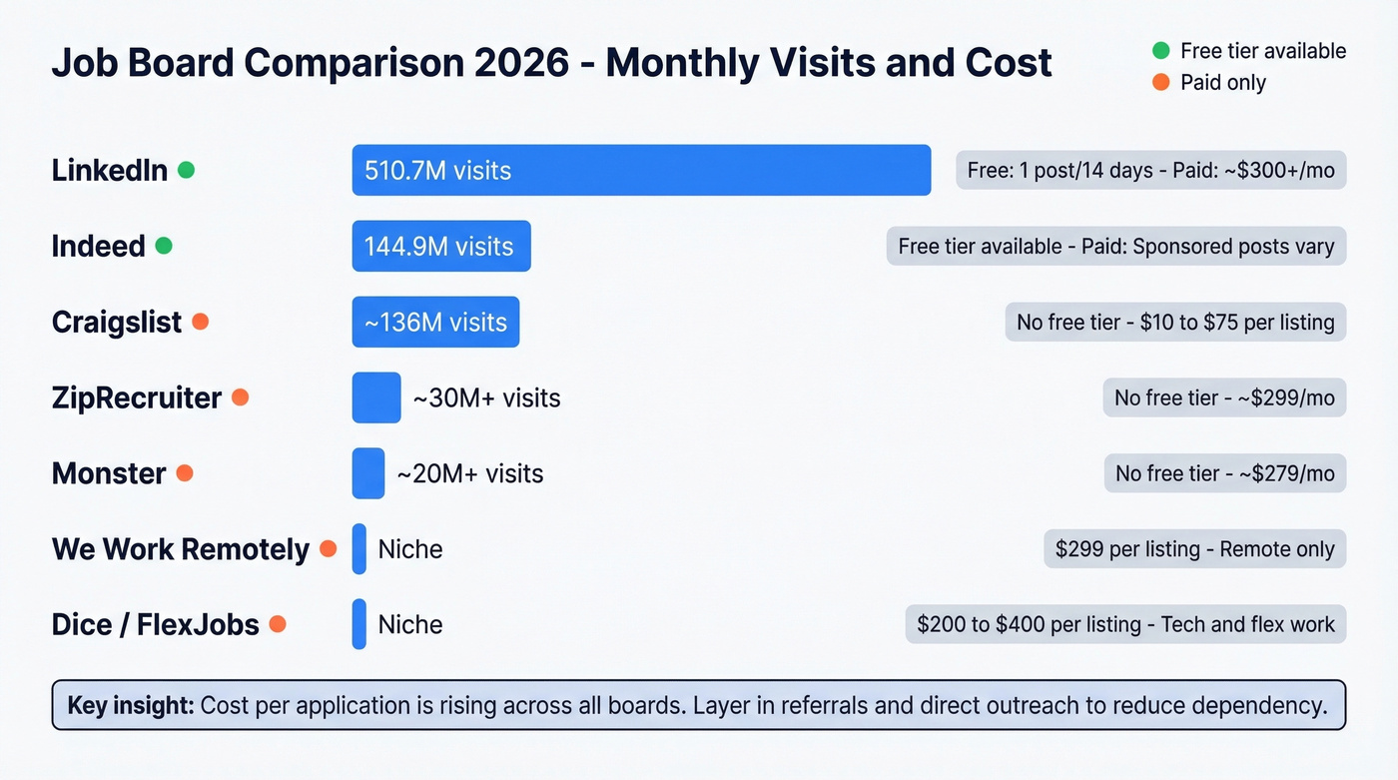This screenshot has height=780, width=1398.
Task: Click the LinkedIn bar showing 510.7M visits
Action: click(641, 170)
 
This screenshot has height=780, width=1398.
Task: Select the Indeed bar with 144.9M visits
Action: click(440, 246)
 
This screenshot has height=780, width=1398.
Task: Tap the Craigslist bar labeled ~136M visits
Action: click(435, 322)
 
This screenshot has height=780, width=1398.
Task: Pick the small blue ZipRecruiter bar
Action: click(376, 397)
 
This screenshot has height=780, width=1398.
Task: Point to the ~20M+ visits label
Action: click(470, 473)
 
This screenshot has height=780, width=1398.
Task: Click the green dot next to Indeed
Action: click(164, 246)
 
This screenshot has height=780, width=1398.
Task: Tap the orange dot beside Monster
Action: click(184, 473)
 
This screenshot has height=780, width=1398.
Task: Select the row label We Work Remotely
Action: click(181, 549)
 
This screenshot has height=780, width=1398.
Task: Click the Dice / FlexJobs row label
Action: click(155, 625)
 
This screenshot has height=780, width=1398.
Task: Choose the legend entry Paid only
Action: click(1222, 83)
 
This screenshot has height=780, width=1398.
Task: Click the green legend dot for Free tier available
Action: click(1160, 51)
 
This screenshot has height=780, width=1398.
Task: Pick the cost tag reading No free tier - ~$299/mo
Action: click(1224, 397)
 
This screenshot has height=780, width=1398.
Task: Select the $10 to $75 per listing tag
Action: click(1175, 322)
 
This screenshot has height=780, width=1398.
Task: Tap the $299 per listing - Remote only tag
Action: click(1194, 549)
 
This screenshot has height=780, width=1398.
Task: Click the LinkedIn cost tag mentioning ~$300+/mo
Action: click(1150, 170)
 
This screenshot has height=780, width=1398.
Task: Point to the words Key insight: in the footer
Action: click(131, 706)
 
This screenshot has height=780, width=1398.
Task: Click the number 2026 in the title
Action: click(517, 63)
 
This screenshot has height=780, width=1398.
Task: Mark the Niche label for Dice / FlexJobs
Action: click(409, 625)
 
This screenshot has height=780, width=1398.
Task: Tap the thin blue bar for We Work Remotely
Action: click(359, 549)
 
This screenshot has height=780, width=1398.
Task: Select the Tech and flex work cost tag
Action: click(1125, 625)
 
